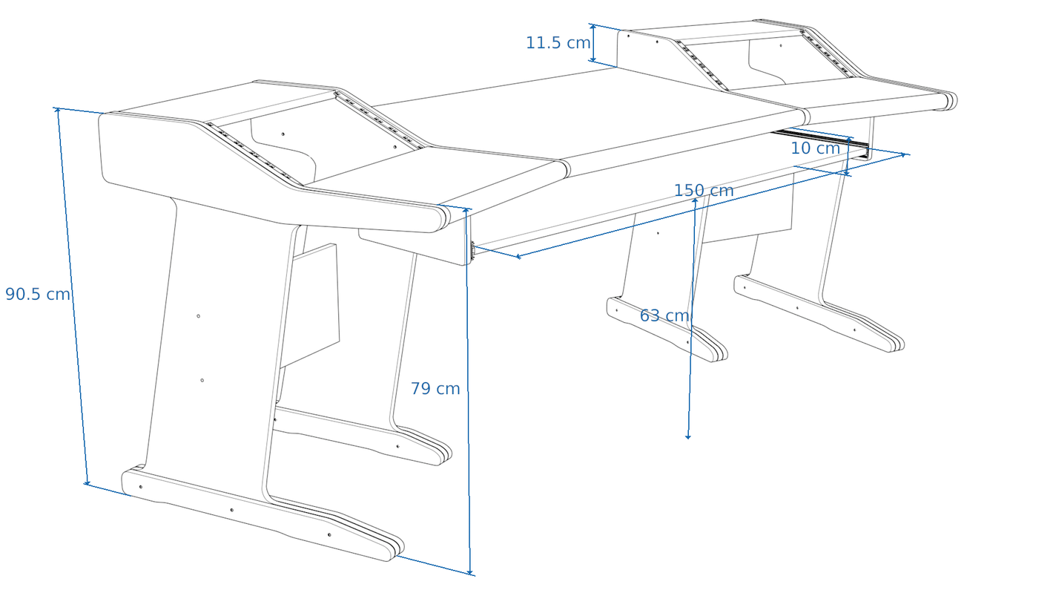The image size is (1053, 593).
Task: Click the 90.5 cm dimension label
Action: coord(38,294)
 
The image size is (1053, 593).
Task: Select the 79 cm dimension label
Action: coord(435,389)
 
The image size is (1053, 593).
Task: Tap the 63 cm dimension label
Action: coord(664,315)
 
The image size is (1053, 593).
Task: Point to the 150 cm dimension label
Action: coord(704,191)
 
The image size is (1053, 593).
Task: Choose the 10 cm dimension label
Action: coord(815,148)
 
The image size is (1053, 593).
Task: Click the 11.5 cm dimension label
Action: coord(558,43)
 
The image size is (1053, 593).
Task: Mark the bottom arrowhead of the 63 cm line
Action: coord(687,436)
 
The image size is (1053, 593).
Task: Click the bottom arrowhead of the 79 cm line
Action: coord(470,571)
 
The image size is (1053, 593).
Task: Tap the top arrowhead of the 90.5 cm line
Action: coord(57,110)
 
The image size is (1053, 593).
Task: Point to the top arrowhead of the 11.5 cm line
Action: coord(594,27)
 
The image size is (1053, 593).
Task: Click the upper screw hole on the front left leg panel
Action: coord(199,315)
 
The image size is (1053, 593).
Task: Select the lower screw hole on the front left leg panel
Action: coord(202,380)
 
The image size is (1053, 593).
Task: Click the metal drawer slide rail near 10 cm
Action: coord(820,140)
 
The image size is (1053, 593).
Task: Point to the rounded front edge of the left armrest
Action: coord(442,220)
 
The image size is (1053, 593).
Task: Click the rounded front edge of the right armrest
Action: coord(951,102)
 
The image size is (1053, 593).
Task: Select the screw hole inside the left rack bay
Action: coord(283,134)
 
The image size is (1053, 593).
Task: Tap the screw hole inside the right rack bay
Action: coord(781,46)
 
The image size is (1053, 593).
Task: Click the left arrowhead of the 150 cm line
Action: coord(519,257)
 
